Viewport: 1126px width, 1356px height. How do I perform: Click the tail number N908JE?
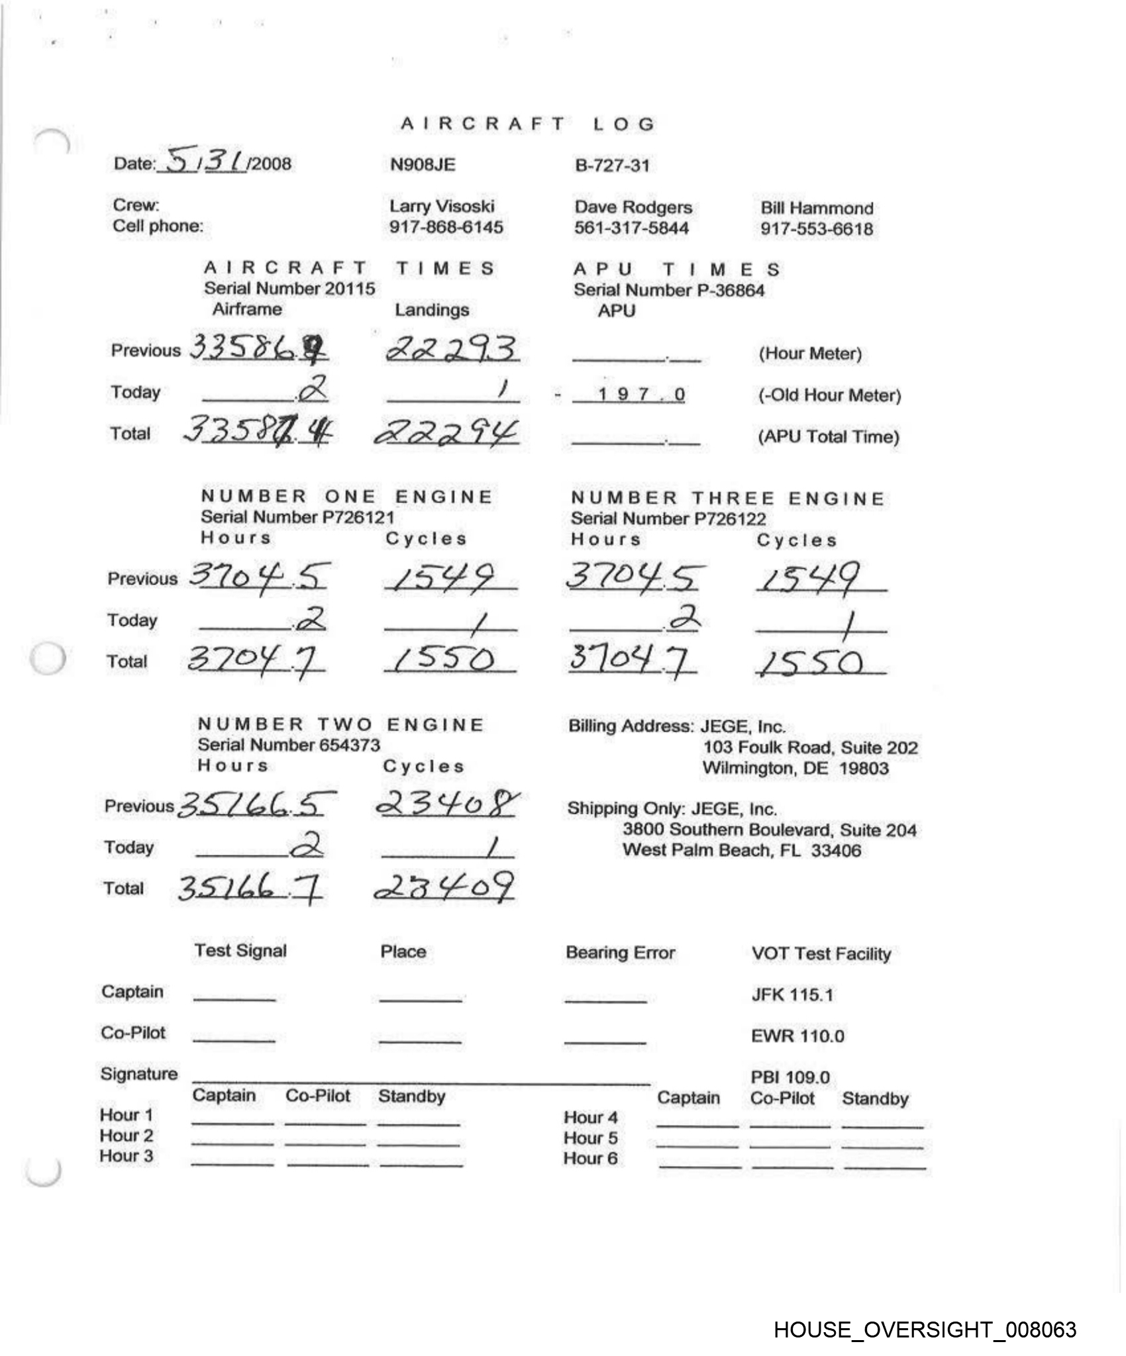(x=422, y=164)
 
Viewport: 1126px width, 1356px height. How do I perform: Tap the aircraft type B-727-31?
(x=611, y=166)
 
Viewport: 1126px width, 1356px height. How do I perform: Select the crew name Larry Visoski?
(x=441, y=206)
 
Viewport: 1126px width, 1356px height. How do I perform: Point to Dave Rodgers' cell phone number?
(x=631, y=228)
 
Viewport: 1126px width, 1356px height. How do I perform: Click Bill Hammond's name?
(x=816, y=208)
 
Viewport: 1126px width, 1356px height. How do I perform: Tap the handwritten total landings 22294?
(x=446, y=433)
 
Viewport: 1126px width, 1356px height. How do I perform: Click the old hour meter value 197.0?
(x=640, y=395)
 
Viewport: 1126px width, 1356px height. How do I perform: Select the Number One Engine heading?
(x=346, y=497)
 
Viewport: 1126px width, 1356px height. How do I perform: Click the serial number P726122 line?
(x=668, y=518)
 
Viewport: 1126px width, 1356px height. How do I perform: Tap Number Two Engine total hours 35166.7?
(x=250, y=888)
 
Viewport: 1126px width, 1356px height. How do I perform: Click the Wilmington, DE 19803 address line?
(x=795, y=768)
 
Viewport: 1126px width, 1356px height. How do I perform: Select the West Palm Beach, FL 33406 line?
(x=741, y=850)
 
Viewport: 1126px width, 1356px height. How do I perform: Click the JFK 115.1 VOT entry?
(x=792, y=994)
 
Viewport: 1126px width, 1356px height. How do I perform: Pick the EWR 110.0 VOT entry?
(x=797, y=1036)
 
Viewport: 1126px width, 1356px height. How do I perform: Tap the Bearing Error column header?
(x=620, y=953)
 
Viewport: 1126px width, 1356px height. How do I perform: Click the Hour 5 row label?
(x=590, y=1138)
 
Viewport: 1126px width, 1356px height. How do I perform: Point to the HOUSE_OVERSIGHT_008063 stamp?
(x=925, y=1330)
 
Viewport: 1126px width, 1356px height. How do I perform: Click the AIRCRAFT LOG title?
(x=528, y=124)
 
